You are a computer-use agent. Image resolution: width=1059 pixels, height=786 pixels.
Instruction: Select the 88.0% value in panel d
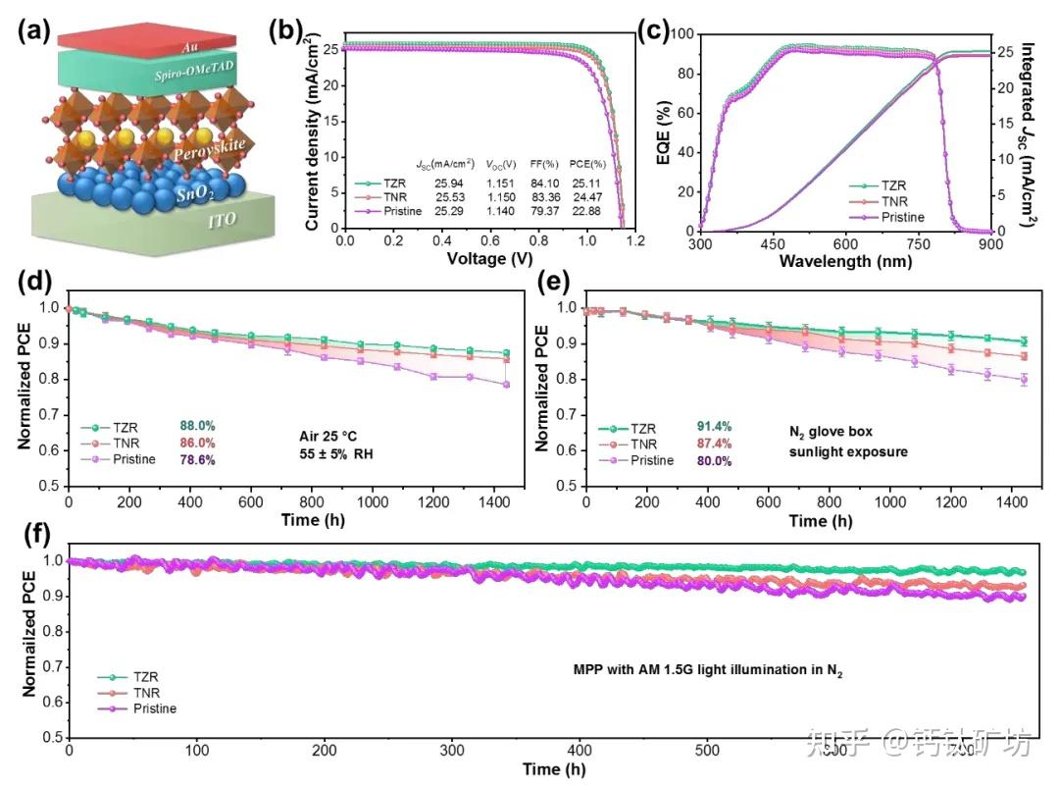coord(198,426)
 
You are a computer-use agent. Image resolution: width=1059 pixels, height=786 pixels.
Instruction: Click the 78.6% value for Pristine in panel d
coord(198,459)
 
